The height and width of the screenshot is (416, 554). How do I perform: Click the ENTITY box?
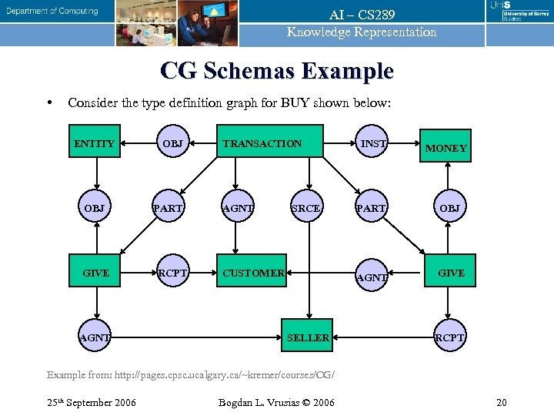(x=94, y=143)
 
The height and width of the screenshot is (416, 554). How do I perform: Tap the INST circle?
(x=374, y=143)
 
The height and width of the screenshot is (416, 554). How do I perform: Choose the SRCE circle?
(x=306, y=208)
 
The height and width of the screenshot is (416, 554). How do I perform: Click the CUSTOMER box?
(x=252, y=273)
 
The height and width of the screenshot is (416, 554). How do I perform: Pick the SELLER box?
(x=308, y=337)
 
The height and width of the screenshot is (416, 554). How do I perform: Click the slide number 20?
(x=501, y=402)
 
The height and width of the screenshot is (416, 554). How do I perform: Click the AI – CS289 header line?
(x=362, y=15)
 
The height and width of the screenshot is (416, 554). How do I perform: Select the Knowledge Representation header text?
(x=362, y=32)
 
